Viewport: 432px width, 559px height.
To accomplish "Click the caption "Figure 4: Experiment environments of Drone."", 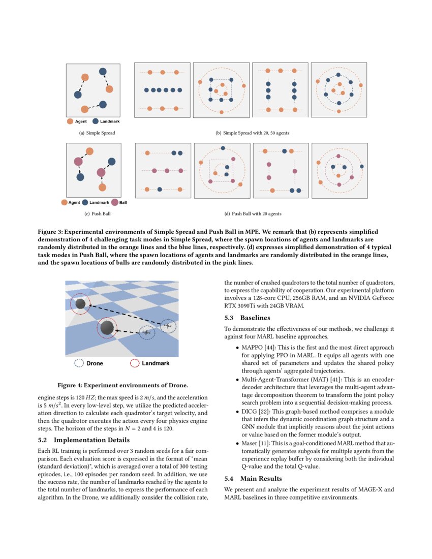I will (x=122, y=385).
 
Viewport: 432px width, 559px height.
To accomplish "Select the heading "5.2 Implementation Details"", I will (x=84, y=440).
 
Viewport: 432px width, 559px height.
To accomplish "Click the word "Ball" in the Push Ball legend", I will (x=123, y=202).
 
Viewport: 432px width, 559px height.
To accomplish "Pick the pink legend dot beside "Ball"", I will (x=115, y=202).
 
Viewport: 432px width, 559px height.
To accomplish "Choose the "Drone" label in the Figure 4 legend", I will (x=95, y=363).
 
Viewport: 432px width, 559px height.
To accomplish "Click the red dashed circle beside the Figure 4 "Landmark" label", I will (x=135, y=363).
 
